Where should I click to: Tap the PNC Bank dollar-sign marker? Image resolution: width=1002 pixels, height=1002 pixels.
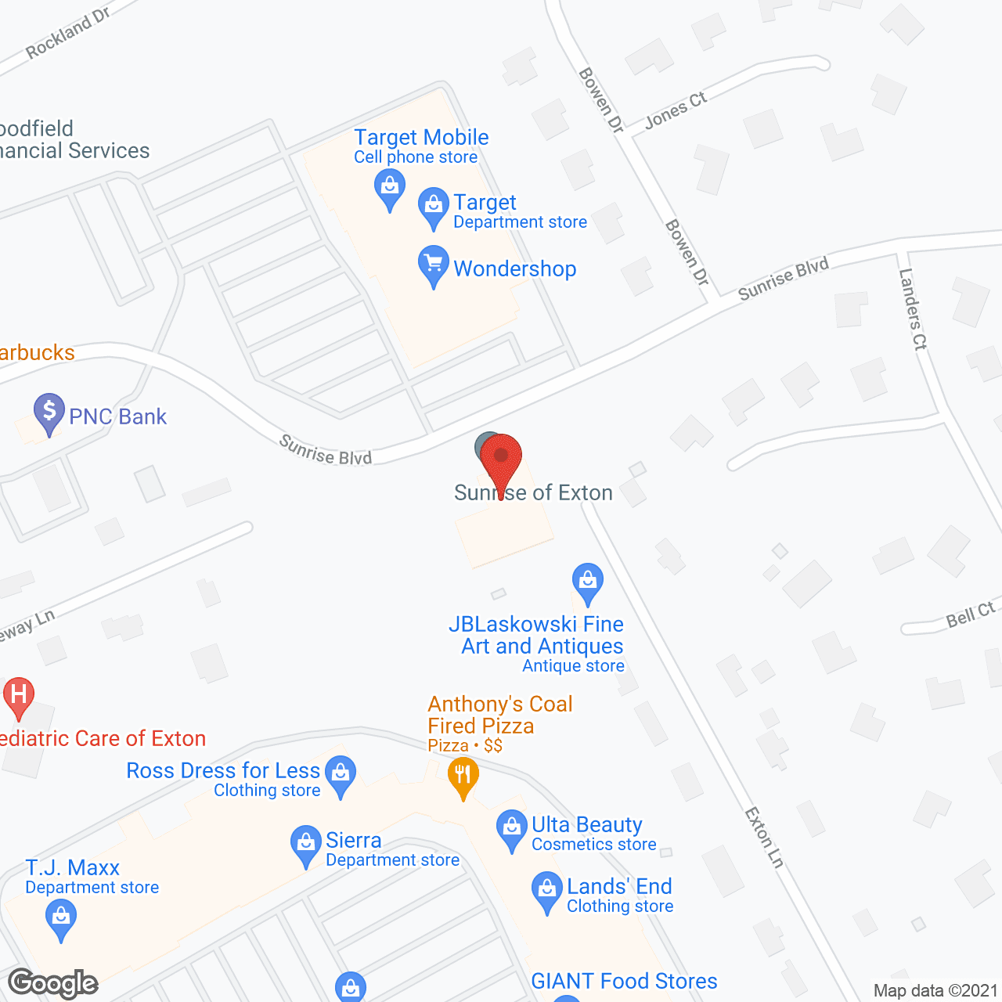coord(49,411)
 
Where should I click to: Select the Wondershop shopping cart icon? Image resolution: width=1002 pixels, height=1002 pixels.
coord(433,264)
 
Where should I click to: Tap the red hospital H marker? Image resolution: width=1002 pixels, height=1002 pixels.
coord(19,695)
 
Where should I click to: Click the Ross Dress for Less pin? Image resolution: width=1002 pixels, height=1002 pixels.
coord(341,773)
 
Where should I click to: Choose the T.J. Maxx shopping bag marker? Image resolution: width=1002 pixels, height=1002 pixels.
coord(61,917)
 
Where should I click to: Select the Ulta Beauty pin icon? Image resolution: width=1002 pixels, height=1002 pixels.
coord(512,827)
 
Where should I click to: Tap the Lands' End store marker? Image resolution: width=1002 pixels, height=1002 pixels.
coord(546,889)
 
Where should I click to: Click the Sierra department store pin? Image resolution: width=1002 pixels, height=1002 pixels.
coord(305,844)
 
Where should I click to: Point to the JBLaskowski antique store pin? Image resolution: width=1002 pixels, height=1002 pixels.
coord(587,581)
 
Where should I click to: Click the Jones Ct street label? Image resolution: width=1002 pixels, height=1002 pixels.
coord(676,110)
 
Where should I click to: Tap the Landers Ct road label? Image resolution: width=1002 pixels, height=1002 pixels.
coord(913,308)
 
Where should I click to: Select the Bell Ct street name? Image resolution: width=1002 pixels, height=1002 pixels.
coord(971,615)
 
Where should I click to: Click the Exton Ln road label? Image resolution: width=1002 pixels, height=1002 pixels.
coord(764,838)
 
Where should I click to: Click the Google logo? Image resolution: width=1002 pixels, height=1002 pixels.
coord(53,983)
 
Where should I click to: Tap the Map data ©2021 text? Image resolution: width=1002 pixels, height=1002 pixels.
coord(935,991)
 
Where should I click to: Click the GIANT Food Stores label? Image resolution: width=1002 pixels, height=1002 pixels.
coord(624,981)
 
